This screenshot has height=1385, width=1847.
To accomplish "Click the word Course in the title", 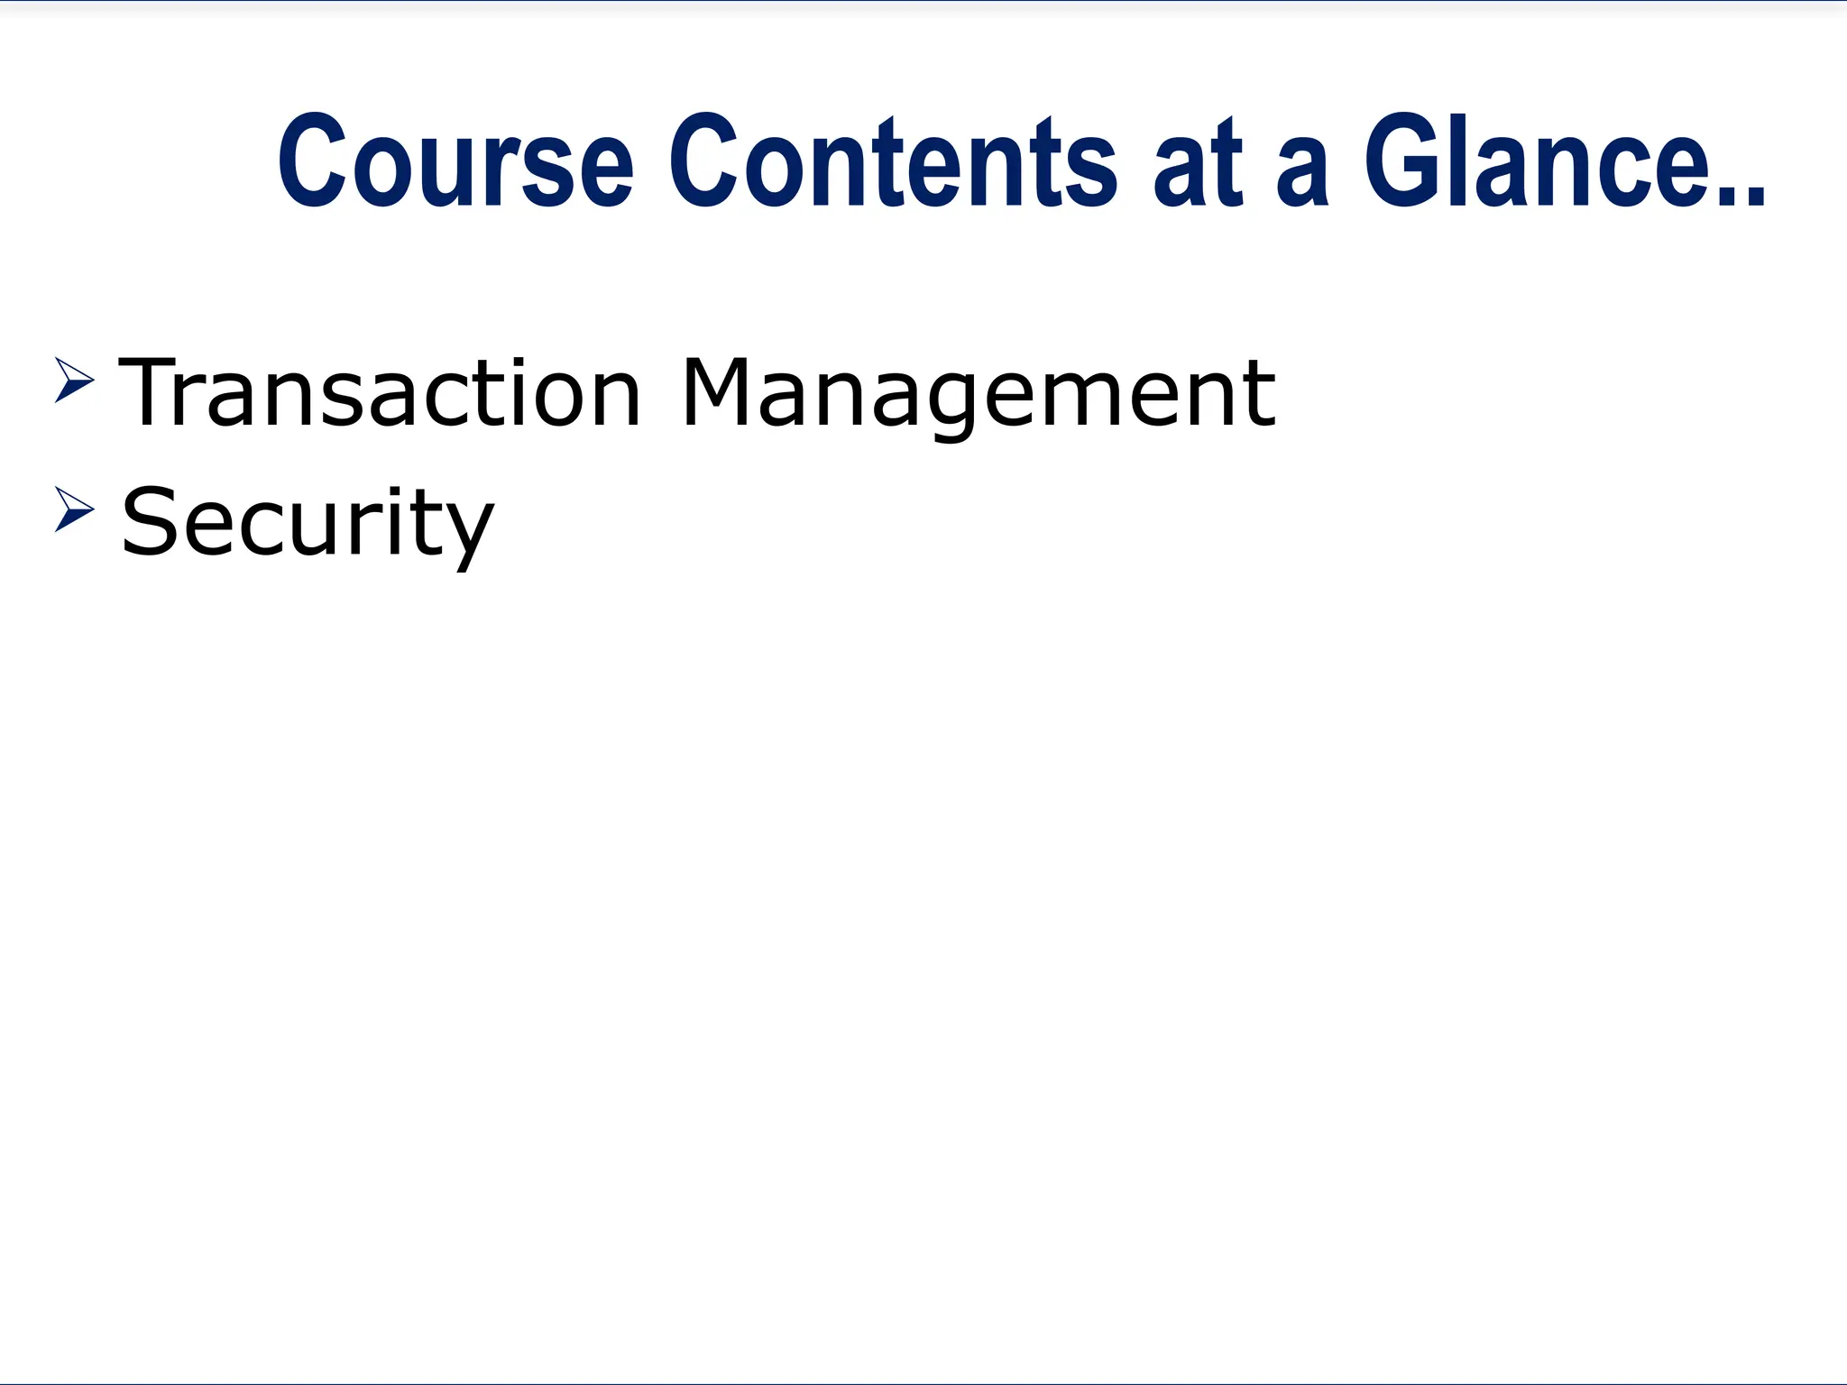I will click(455, 161).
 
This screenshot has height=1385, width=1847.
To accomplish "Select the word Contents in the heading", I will click(893, 161).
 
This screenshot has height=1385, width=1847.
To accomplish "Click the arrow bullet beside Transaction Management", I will click(74, 380).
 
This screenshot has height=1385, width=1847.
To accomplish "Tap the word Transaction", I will click(379, 393).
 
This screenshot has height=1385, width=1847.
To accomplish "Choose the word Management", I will click(979, 395).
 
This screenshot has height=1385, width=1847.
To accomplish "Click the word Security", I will click(308, 523).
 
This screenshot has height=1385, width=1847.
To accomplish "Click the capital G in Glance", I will click(1402, 161).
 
